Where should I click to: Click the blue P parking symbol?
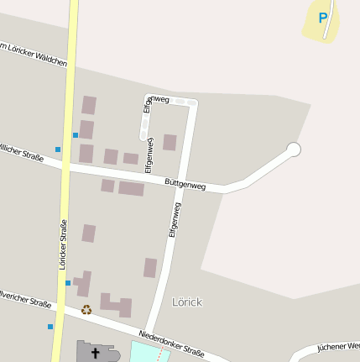click(x=323, y=18)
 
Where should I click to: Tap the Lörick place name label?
click(x=187, y=302)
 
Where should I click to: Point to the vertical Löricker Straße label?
click(x=63, y=244)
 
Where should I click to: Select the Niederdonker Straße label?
click(x=172, y=342)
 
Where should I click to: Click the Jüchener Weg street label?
click(x=338, y=346)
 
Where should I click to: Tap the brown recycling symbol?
click(x=86, y=309)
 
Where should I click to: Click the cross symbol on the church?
click(x=94, y=353)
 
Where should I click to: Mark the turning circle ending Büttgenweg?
click(x=293, y=150)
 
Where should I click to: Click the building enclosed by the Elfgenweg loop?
click(x=170, y=142)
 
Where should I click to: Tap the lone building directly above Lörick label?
click(x=150, y=268)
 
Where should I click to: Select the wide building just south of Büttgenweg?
click(x=131, y=188)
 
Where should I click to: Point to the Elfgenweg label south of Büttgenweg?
click(x=175, y=220)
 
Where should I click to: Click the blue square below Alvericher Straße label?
click(x=50, y=326)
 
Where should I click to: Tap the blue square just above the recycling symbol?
click(x=68, y=283)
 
